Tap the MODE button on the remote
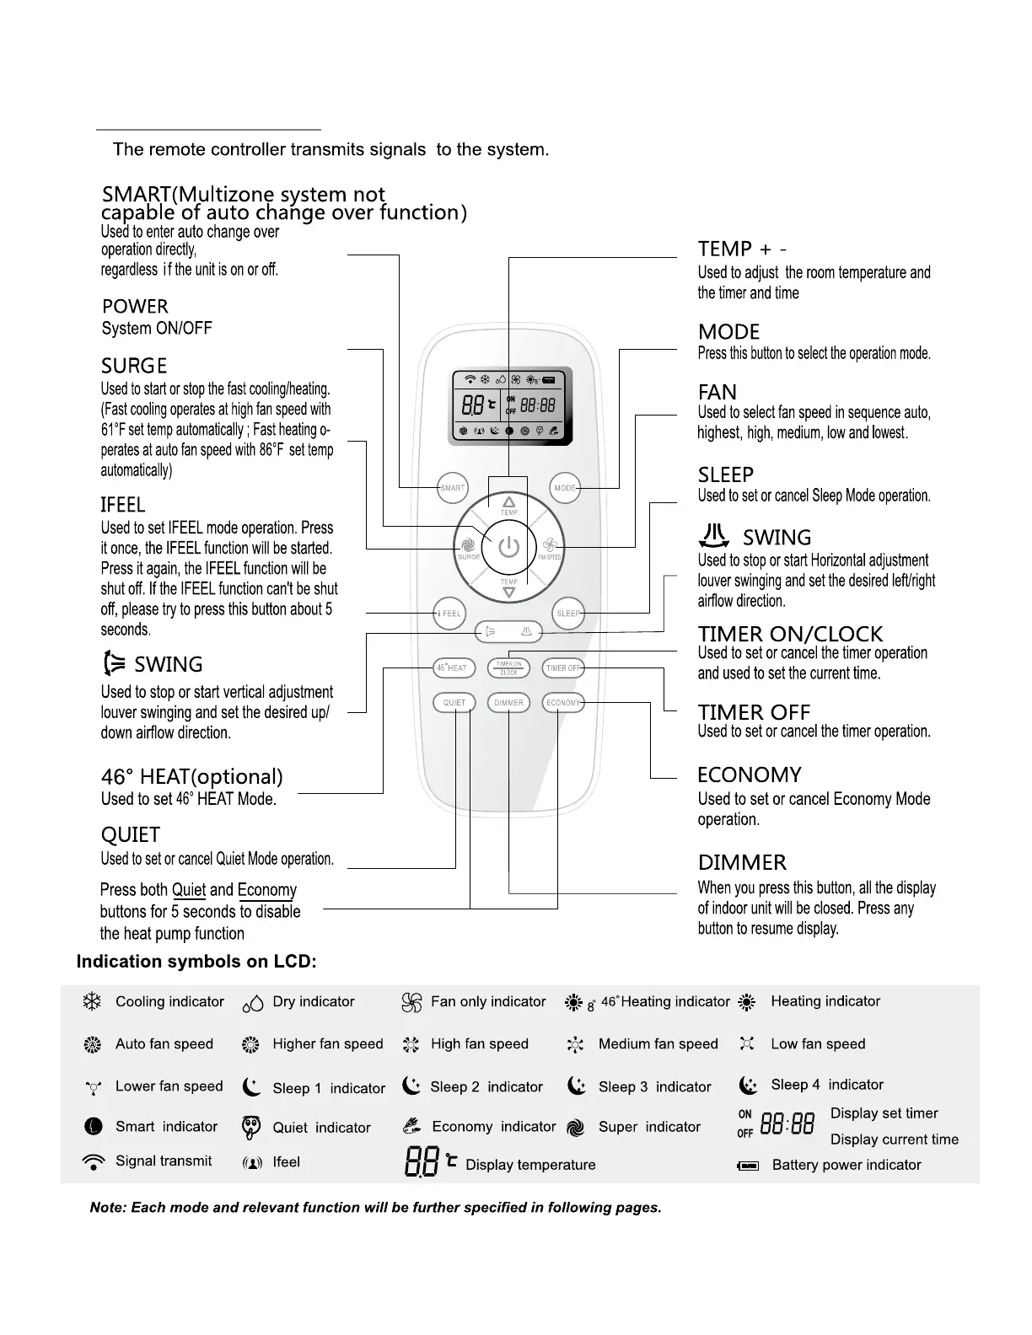565,488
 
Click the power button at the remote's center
508,548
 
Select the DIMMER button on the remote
508,702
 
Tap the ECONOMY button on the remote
563,702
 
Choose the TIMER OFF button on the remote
563,667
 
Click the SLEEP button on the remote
568,613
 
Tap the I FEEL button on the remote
449,613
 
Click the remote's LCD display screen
509,407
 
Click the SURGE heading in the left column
134,366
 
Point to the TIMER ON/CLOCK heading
790,634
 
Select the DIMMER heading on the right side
742,862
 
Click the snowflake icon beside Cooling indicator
92,1001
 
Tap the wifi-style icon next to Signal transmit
93,1161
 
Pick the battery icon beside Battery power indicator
748,1166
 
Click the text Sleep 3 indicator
654,1086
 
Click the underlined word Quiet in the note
189,890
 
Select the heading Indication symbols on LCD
196,962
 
